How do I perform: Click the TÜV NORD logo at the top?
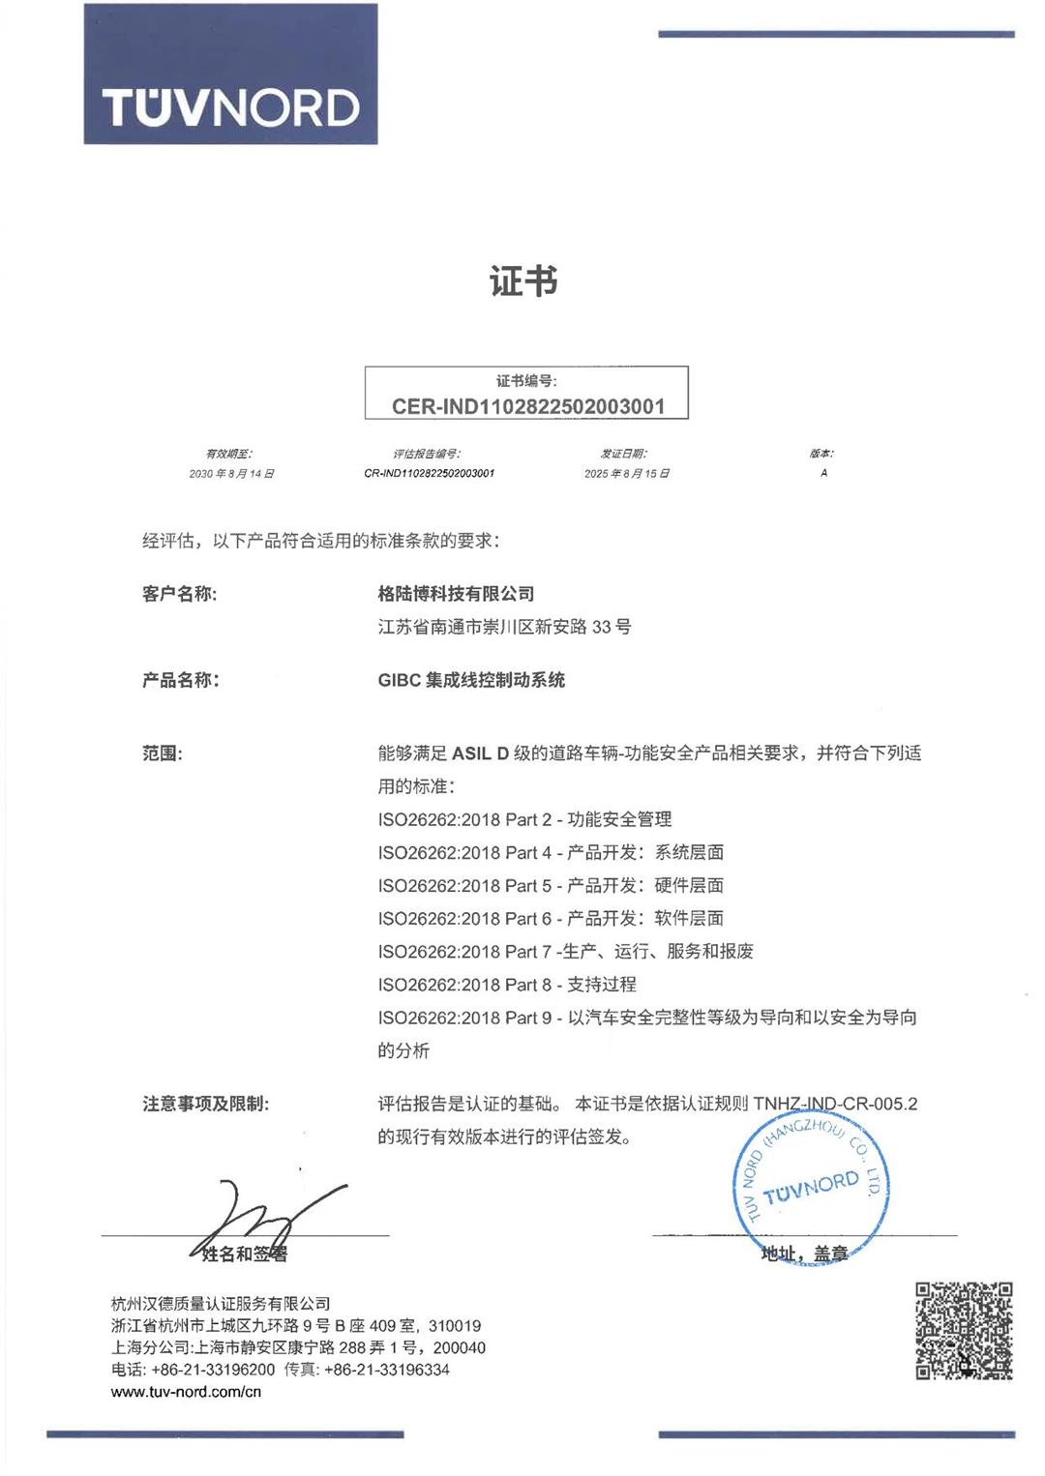[x=230, y=75]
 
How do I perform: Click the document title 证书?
[x=523, y=281]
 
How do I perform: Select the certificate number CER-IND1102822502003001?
[x=528, y=406]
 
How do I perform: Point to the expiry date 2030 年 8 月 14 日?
[x=231, y=474]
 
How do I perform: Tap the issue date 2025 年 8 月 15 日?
[x=626, y=474]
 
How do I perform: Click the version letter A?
[x=823, y=473]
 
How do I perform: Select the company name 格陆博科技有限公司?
[x=456, y=594]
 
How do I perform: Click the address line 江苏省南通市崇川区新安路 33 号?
[x=504, y=627]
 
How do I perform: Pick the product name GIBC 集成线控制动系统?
[x=471, y=680]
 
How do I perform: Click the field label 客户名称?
[x=179, y=594]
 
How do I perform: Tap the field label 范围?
[x=162, y=753]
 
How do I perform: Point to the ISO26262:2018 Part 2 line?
[x=524, y=819]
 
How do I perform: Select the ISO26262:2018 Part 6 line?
[x=551, y=918]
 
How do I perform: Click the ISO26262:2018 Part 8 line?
[x=507, y=985]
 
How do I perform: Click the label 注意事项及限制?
[x=205, y=1104]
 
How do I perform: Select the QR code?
[x=964, y=1331]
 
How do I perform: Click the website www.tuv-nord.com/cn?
[x=186, y=1392]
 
